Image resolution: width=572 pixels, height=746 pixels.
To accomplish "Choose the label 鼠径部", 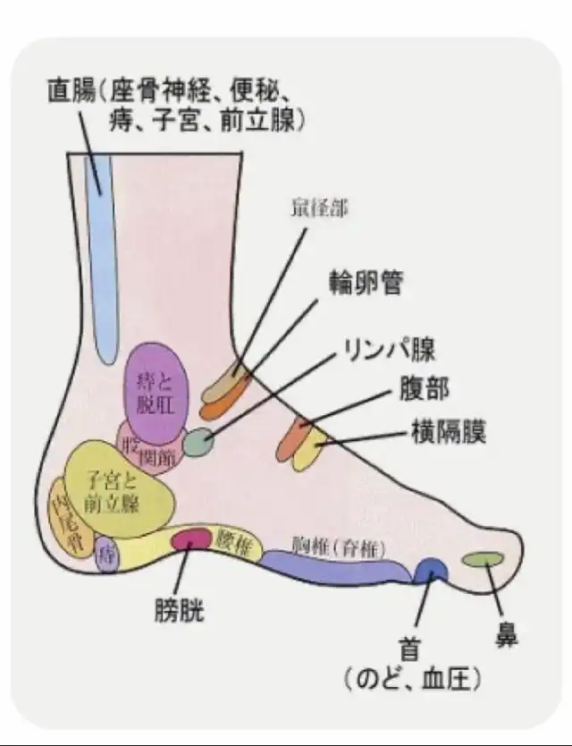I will click(x=319, y=209).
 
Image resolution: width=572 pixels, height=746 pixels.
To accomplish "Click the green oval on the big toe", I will click(x=484, y=559).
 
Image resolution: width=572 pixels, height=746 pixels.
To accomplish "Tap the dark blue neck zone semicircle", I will click(x=433, y=570).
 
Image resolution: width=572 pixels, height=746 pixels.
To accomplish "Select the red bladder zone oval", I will click(x=190, y=538).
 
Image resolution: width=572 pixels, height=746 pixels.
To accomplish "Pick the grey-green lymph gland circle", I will click(x=199, y=441).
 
